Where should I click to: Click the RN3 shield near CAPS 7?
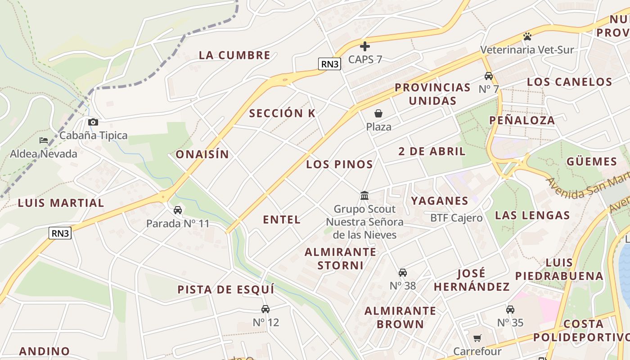(329, 64)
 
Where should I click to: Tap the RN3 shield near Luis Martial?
(60, 233)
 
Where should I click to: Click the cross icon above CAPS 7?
(365, 46)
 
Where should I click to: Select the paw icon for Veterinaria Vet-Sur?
(527, 36)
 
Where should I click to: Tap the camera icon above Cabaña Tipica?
(93, 122)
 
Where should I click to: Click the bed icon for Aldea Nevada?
(44, 140)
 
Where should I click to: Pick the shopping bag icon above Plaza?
(378, 113)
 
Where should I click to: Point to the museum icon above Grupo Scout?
(364, 196)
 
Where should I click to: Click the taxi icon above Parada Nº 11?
(178, 210)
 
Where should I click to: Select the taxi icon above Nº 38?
(403, 272)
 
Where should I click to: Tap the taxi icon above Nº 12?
(265, 309)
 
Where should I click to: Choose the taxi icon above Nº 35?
(510, 310)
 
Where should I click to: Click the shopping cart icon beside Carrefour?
(477, 338)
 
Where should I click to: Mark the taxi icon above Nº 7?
(489, 76)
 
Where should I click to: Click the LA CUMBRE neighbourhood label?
(234, 55)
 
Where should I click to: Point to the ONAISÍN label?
(202, 154)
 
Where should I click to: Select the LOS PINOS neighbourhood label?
(339, 164)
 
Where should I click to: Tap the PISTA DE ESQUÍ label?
(225, 289)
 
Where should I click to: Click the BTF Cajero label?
(456, 218)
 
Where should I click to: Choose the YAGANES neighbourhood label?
(439, 201)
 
